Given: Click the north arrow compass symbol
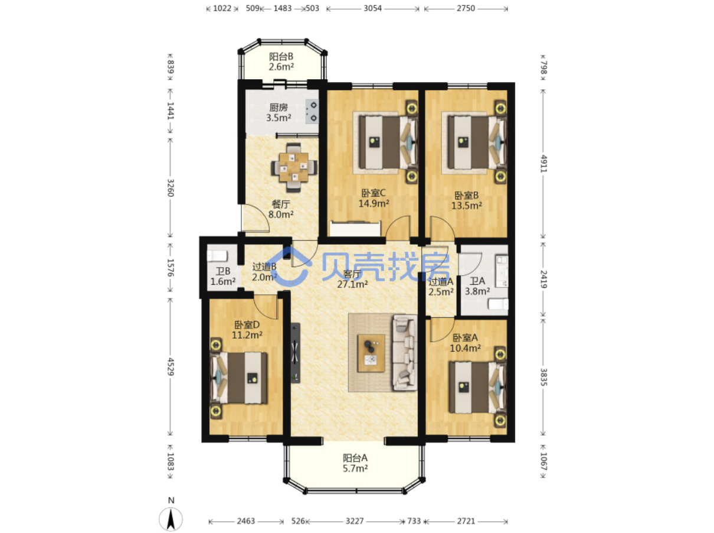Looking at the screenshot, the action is pyautogui.click(x=171, y=518).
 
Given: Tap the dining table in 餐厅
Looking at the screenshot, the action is pyautogui.click(x=294, y=167).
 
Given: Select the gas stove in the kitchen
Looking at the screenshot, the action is pyautogui.click(x=312, y=111).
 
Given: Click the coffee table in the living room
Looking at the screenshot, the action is pyautogui.click(x=371, y=353).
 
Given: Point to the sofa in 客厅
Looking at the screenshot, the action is pyautogui.click(x=405, y=353).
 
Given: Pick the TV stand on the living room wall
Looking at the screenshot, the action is pyautogui.click(x=295, y=353).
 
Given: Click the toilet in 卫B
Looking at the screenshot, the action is pyautogui.click(x=217, y=256).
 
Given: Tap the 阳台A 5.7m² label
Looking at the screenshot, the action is pyautogui.click(x=355, y=463).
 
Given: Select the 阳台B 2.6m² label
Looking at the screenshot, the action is pyautogui.click(x=281, y=61).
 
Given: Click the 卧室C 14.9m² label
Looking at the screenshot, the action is pyautogui.click(x=374, y=198).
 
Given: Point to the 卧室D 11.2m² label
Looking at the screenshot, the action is pyautogui.click(x=247, y=330).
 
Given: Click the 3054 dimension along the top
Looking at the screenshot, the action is pyautogui.click(x=372, y=8).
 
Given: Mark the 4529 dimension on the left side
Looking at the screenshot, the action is pyautogui.click(x=171, y=366).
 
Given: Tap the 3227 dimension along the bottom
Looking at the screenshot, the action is pyautogui.click(x=355, y=521).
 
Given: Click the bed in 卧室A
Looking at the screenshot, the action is pyautogui.click(x=477, y=388).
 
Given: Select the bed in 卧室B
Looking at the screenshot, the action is pyautogui.click(x=477, y=142).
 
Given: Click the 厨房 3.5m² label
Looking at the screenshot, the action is pyautogui.click(x=279, y=112).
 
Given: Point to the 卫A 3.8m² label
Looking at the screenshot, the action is pyautogui.click(x=477, y=286).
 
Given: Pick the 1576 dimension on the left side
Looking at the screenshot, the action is pyautogui.click(x=171, y=268).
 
